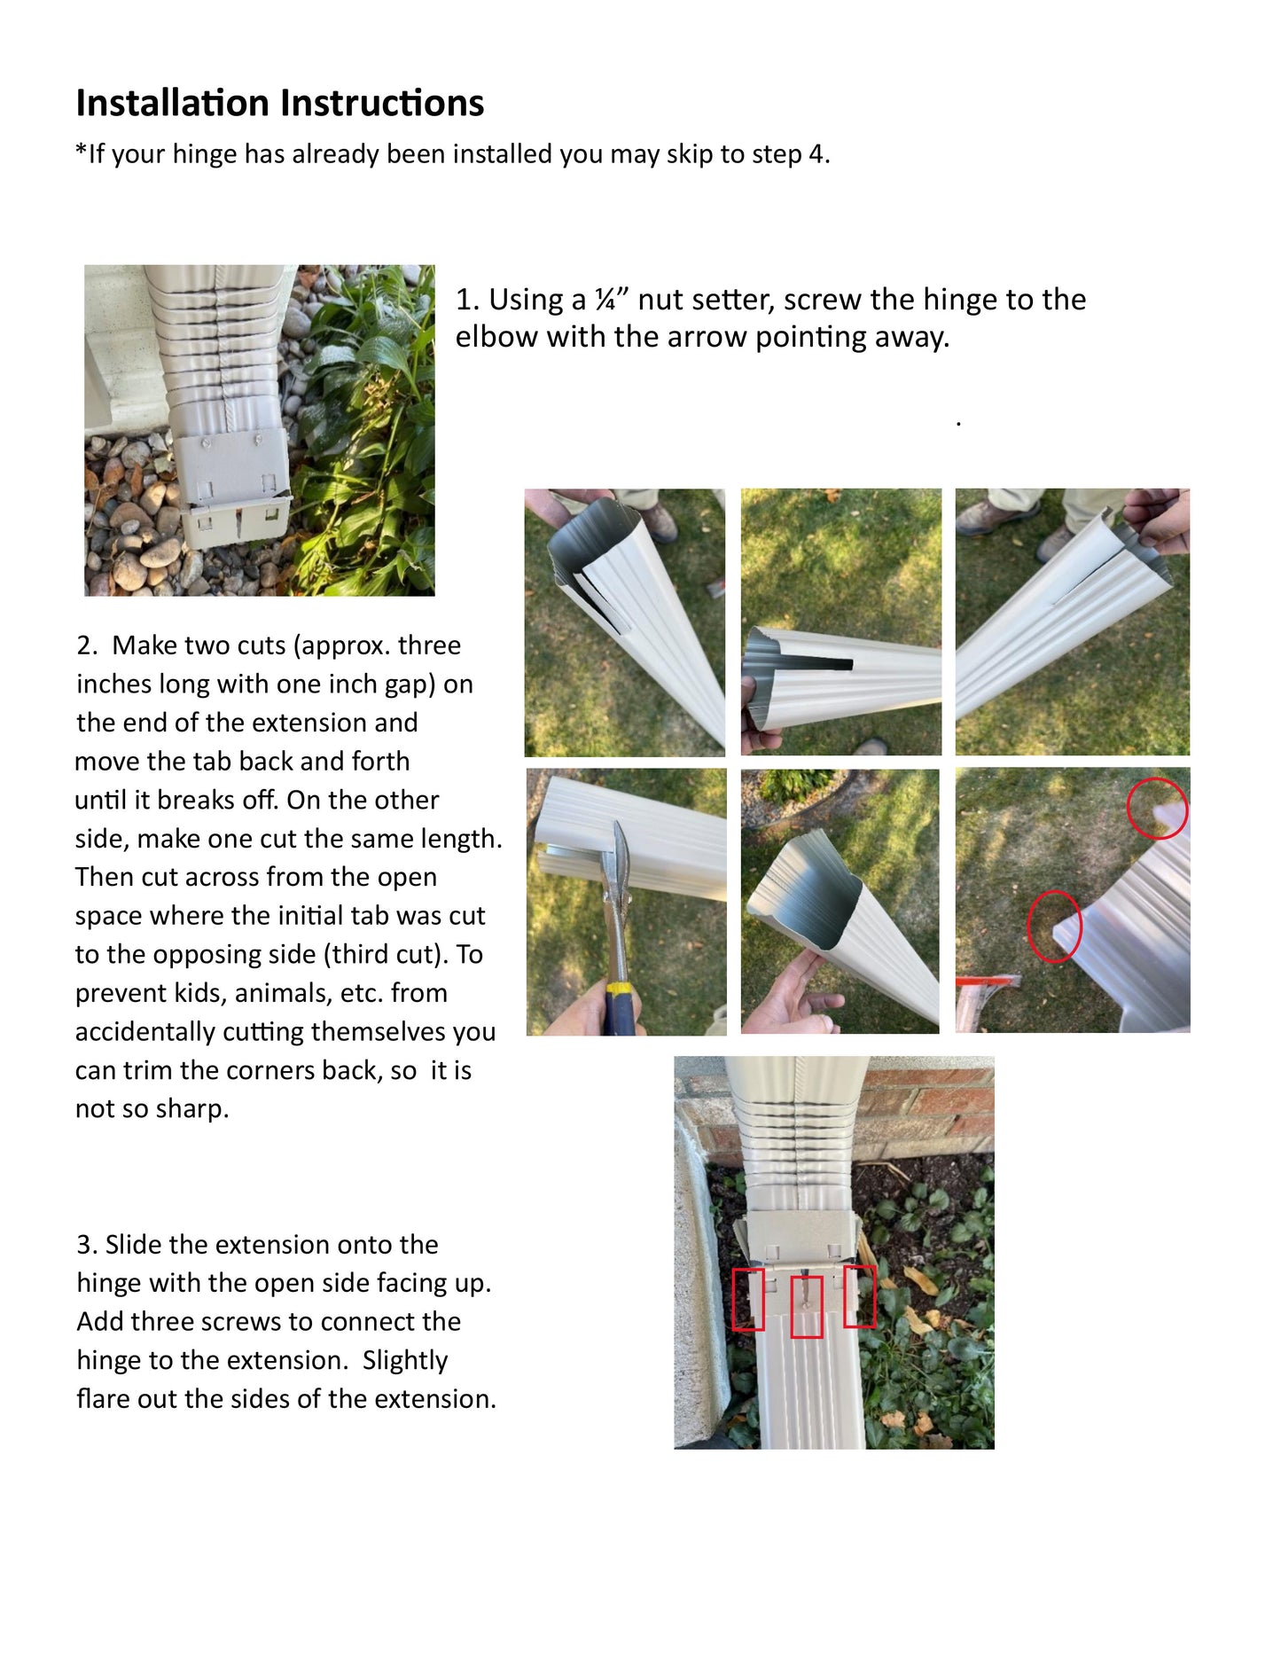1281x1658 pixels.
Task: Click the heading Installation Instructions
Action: tap(279, 103)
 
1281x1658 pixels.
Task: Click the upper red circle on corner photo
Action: tap(1157, 808)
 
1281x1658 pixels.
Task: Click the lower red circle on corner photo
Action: tap(1054, 926)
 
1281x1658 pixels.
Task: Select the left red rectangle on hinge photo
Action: tap(748, 1299)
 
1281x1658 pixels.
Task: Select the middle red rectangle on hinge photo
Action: tap(806, 1306)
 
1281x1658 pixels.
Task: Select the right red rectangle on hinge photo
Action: tap(859, 1296)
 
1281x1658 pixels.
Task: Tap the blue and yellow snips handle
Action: tap(621, 1006)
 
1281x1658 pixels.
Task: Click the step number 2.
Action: tap(85, 645)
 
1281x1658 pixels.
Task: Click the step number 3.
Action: tap(85, 1245)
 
